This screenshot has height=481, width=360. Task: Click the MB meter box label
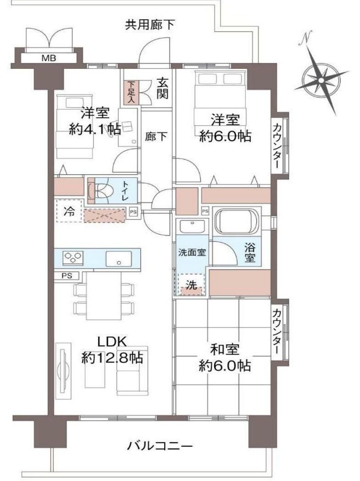(47, 58)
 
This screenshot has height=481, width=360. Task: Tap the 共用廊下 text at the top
(150, 25)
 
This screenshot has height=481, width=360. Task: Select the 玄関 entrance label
(162, 88)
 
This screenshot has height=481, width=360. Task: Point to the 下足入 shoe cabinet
(132, 92)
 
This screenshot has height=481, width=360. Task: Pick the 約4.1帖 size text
(94, 129)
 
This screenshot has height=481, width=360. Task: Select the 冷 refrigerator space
(68, 211)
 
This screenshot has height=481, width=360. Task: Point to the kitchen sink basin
(119, 259)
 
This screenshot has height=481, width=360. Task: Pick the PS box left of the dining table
(66, 276)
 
